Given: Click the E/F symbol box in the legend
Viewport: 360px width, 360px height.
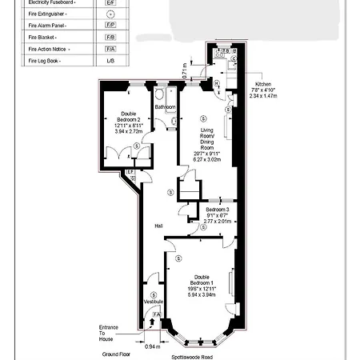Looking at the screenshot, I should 110,3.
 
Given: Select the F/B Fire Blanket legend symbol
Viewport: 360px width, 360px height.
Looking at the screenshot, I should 110,37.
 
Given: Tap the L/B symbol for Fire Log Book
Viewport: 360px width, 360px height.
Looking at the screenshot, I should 110,60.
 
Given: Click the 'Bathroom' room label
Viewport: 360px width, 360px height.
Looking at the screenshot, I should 166,106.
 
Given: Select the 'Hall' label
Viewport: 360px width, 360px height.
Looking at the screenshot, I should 159,226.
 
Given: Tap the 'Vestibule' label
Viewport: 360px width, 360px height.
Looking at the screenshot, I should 153,301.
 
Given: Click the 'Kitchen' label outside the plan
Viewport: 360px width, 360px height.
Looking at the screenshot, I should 264,84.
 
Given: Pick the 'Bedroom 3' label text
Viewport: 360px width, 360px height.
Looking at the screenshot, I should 217,210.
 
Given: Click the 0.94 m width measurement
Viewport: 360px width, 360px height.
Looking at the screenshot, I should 153,346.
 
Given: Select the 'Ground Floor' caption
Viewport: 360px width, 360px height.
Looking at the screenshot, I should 117,352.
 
